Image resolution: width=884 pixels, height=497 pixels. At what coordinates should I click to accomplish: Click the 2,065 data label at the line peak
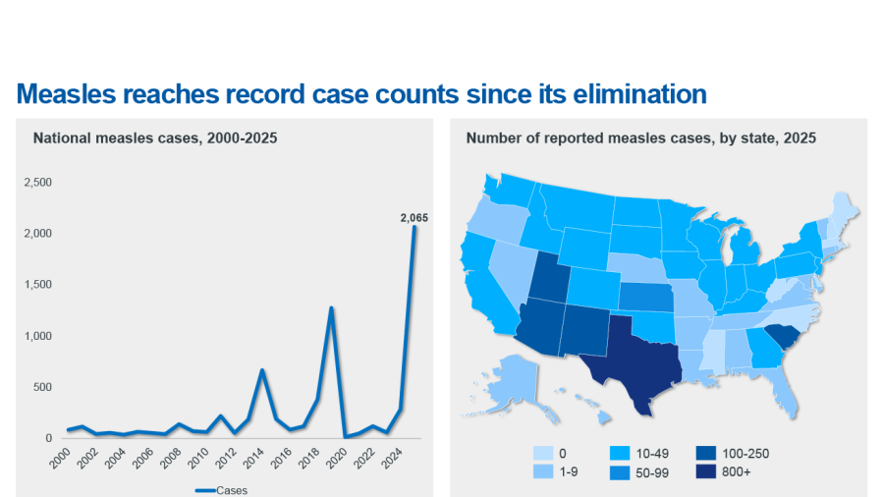(x=414, y=217)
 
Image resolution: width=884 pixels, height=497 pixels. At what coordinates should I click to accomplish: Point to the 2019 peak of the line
(x=331, y=307)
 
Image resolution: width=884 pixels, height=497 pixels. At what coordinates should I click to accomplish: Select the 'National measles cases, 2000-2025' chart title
(x=155, y=138)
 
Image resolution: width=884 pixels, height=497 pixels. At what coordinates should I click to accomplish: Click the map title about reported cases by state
(x=641, y=138)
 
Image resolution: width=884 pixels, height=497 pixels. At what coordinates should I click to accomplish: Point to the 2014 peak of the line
(x=262, y=370)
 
